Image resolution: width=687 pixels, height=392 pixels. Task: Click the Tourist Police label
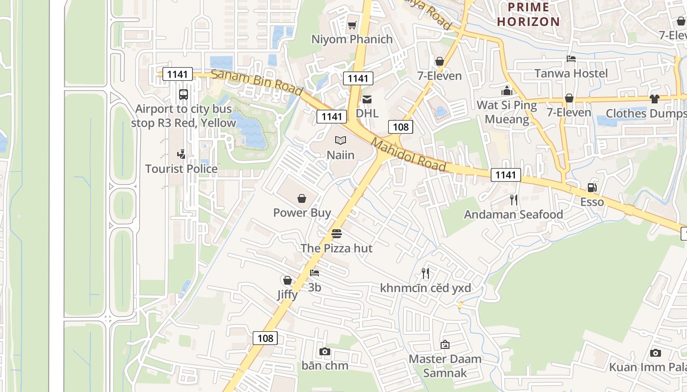(181, 169)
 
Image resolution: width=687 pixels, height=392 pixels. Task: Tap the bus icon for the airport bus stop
(184, 95)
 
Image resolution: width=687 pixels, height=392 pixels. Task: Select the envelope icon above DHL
(367, 99)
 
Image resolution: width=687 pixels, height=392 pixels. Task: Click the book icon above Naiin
(341, 141)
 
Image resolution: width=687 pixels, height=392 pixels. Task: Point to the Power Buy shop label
(302, 213)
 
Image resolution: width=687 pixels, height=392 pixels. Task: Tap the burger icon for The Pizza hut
(336, 234)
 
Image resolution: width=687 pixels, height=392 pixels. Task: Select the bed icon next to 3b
(315, 273)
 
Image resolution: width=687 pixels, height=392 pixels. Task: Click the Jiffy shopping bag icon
(287, 280)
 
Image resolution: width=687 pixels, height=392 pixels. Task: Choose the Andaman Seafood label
(513, 215)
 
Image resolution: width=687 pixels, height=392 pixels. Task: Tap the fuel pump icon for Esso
(592, 188)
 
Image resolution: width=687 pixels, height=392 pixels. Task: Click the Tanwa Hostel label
(571, 73)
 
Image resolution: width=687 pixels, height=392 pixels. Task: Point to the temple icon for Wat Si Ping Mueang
(507, 91)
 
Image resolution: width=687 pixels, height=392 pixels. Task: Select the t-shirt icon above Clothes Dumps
(654, 99)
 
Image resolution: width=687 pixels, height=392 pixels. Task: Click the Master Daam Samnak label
(445, 366)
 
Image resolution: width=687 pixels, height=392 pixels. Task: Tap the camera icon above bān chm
(324, 351)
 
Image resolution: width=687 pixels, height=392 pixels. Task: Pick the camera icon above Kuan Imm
(655, 353)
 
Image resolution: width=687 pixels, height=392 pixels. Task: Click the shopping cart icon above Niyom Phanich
(352, 25)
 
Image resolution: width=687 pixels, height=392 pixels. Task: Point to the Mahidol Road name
(408, 155)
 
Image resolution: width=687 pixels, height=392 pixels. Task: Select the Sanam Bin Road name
(257, 83)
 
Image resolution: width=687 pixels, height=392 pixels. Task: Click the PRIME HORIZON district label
(528, 14)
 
